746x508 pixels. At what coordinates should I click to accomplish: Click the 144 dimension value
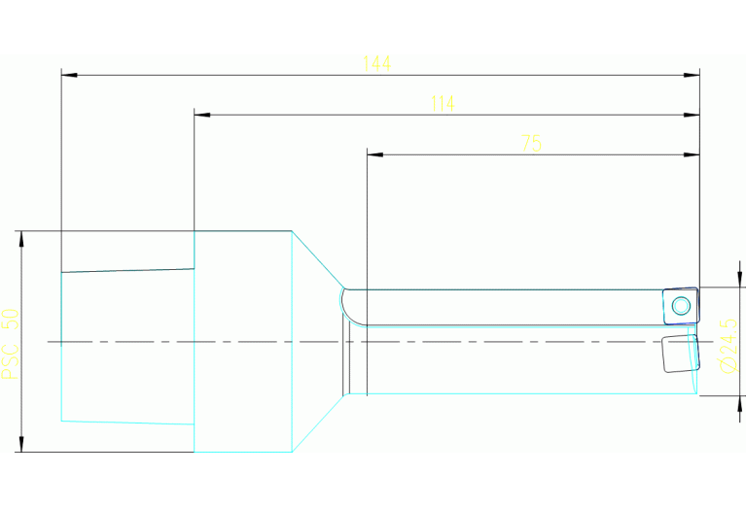coord(376,63)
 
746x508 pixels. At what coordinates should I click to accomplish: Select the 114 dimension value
coord(443,104)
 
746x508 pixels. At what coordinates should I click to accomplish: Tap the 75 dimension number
coord(531,143)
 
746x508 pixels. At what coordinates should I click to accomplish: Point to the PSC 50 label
coord(11,344)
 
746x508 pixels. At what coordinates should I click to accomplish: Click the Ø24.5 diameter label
coord(728,346)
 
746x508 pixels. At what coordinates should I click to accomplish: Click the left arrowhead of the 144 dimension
coord(69,75)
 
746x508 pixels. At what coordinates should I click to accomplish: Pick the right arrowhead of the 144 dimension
coord(692,75)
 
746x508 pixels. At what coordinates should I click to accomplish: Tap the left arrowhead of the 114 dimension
coord(202,115)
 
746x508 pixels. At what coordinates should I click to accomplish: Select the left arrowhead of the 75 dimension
coord(374,154)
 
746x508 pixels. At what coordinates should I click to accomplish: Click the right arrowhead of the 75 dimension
coord(692,154)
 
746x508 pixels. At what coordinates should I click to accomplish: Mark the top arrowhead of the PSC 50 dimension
coord(21,239)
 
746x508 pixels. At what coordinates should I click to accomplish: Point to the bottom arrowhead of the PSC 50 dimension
coord(21,444)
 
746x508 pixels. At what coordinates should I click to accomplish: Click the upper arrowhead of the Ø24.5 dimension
coord(739,279)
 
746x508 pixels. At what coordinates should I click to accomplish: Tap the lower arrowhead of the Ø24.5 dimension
coord(739,403)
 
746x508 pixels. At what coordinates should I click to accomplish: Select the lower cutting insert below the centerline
coord(680,354)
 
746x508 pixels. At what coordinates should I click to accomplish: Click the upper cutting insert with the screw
coord(681,306)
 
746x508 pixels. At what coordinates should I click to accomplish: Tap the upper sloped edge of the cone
coord(318,259)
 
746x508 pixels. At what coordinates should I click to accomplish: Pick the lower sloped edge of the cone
coord(318,423)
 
